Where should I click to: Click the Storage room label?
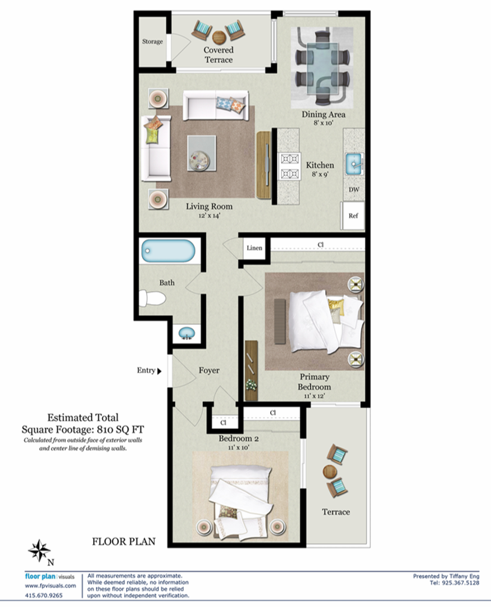152,42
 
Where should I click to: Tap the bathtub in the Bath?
168,251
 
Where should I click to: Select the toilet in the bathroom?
152,298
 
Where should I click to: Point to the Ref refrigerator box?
352,216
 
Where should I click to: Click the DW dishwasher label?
354,190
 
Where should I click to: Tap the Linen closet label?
254,248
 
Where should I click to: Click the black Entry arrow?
159,372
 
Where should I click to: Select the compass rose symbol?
39,550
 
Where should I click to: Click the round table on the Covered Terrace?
219,38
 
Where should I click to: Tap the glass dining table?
322,69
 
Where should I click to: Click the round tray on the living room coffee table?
199,158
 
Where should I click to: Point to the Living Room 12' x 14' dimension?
210,216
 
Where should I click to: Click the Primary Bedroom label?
314,382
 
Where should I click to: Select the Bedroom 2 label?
239,438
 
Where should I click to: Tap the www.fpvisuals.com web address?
51,586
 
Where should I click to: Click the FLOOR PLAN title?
124,542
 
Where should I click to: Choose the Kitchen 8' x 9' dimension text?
320,174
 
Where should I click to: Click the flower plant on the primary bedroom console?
251,385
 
